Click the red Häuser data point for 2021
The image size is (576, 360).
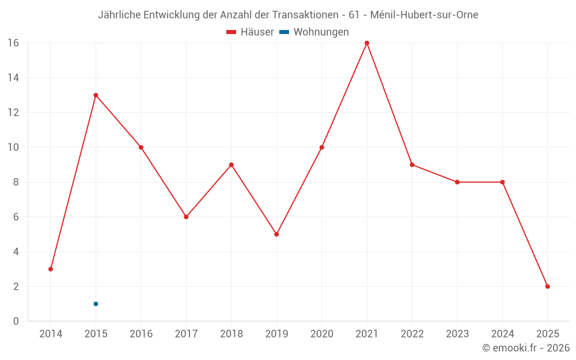click(x=367, y=43)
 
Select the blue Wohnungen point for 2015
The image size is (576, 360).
click(x=96, y=304)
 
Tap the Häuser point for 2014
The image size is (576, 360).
click(x=51, y=269)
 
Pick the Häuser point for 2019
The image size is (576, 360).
click(x=276, y=234)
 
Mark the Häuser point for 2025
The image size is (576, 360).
click(x=548, y=286)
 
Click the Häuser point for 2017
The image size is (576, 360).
click(x=186, y=217)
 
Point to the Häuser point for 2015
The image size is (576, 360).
click(x=96, y=95)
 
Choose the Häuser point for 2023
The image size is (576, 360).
click(x=457, y=182)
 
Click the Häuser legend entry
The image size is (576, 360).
click(x=250, y=32)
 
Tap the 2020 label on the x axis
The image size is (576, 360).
click(x=321, y=334)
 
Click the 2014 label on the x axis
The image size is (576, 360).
click(x=51, y=334)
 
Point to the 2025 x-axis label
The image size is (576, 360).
click(x=548, y=334)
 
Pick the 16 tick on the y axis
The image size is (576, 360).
click(x=13, y=43)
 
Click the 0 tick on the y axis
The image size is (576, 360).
click(x=16, y=321)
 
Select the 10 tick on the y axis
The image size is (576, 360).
click(x=13, y=147)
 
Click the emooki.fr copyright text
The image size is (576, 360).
click(x=526, y=348)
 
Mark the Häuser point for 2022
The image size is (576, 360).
click(x=412, y=165)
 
